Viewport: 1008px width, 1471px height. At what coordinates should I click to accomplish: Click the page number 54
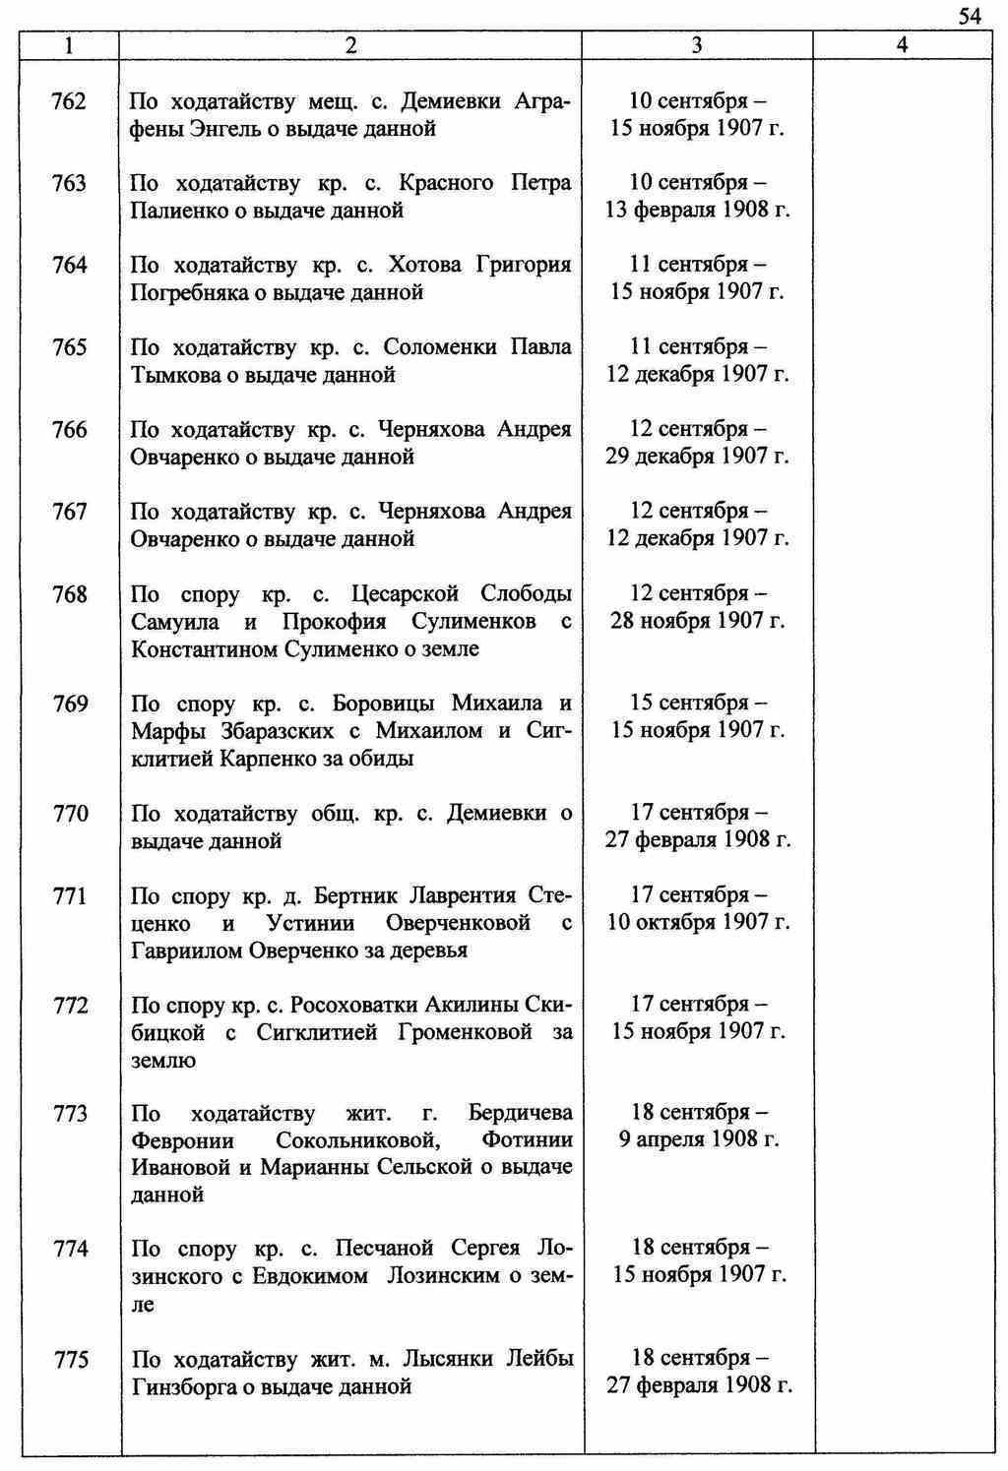[x=969, y=17]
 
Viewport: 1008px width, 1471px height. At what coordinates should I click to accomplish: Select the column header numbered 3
[x=697, y=45]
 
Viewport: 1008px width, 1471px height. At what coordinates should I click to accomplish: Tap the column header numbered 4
[x=902, y=45]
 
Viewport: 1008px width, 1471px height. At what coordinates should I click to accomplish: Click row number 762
[x=69, y=101]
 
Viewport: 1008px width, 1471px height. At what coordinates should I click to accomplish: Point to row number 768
[x=69, y=594]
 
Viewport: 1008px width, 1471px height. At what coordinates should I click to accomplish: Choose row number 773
[x=70, y=1114]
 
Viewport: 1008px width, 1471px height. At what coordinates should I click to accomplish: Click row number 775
[x=70, y=1360]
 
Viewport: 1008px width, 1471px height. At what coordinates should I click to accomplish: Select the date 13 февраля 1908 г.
[x=698, y=210]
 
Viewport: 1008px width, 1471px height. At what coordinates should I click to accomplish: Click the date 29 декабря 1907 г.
[x=698, y=457]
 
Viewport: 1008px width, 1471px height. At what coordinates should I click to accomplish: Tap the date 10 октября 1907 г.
[x=698, y=923]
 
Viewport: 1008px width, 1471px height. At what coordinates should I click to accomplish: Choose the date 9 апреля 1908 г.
[x=698, y=1139]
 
